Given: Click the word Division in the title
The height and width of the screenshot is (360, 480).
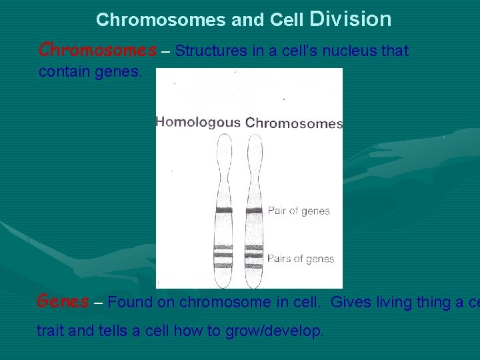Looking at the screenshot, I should coord(351,19).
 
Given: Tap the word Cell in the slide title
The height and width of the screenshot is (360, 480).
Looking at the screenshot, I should coord(287,20).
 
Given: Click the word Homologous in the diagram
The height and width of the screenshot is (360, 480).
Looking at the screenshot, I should coord(198,122).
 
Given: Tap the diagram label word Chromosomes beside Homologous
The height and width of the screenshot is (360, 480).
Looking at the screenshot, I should coord(294,123).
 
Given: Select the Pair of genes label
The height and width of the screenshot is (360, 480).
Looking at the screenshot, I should coord(299,211).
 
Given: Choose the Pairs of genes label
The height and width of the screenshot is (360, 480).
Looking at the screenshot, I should coord(301,259).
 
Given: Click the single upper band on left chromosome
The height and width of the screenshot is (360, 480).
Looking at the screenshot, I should coord(223,211).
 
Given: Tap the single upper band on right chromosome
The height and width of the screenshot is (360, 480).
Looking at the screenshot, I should coord(254,211).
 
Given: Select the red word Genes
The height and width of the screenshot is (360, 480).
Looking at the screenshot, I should coord(63,301).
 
